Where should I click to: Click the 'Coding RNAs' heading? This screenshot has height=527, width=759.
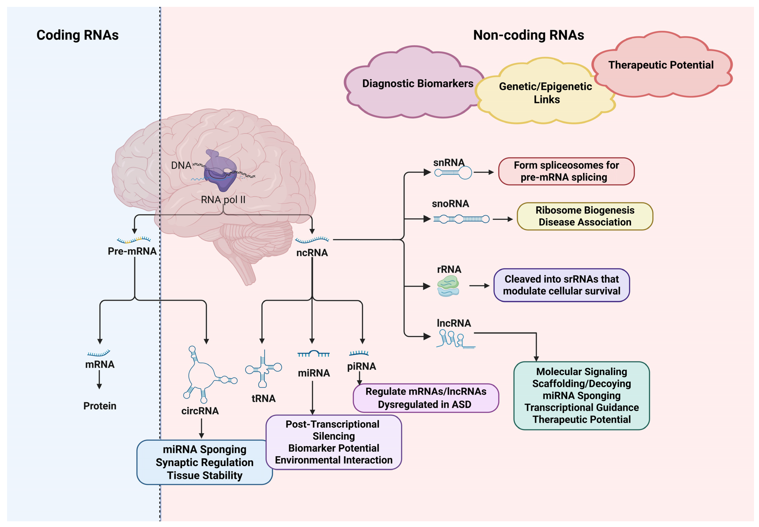click(x=77, y=35)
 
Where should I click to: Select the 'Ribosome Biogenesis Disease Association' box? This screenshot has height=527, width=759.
click(x=585, y=216)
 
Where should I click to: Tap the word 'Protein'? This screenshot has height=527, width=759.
click(x=100, y=406)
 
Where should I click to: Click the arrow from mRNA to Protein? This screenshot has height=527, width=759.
click(x=99, y=380)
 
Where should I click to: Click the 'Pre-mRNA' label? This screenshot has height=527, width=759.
click(x=132, y=251)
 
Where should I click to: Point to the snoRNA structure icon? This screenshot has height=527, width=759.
click(x=461, y=219)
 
